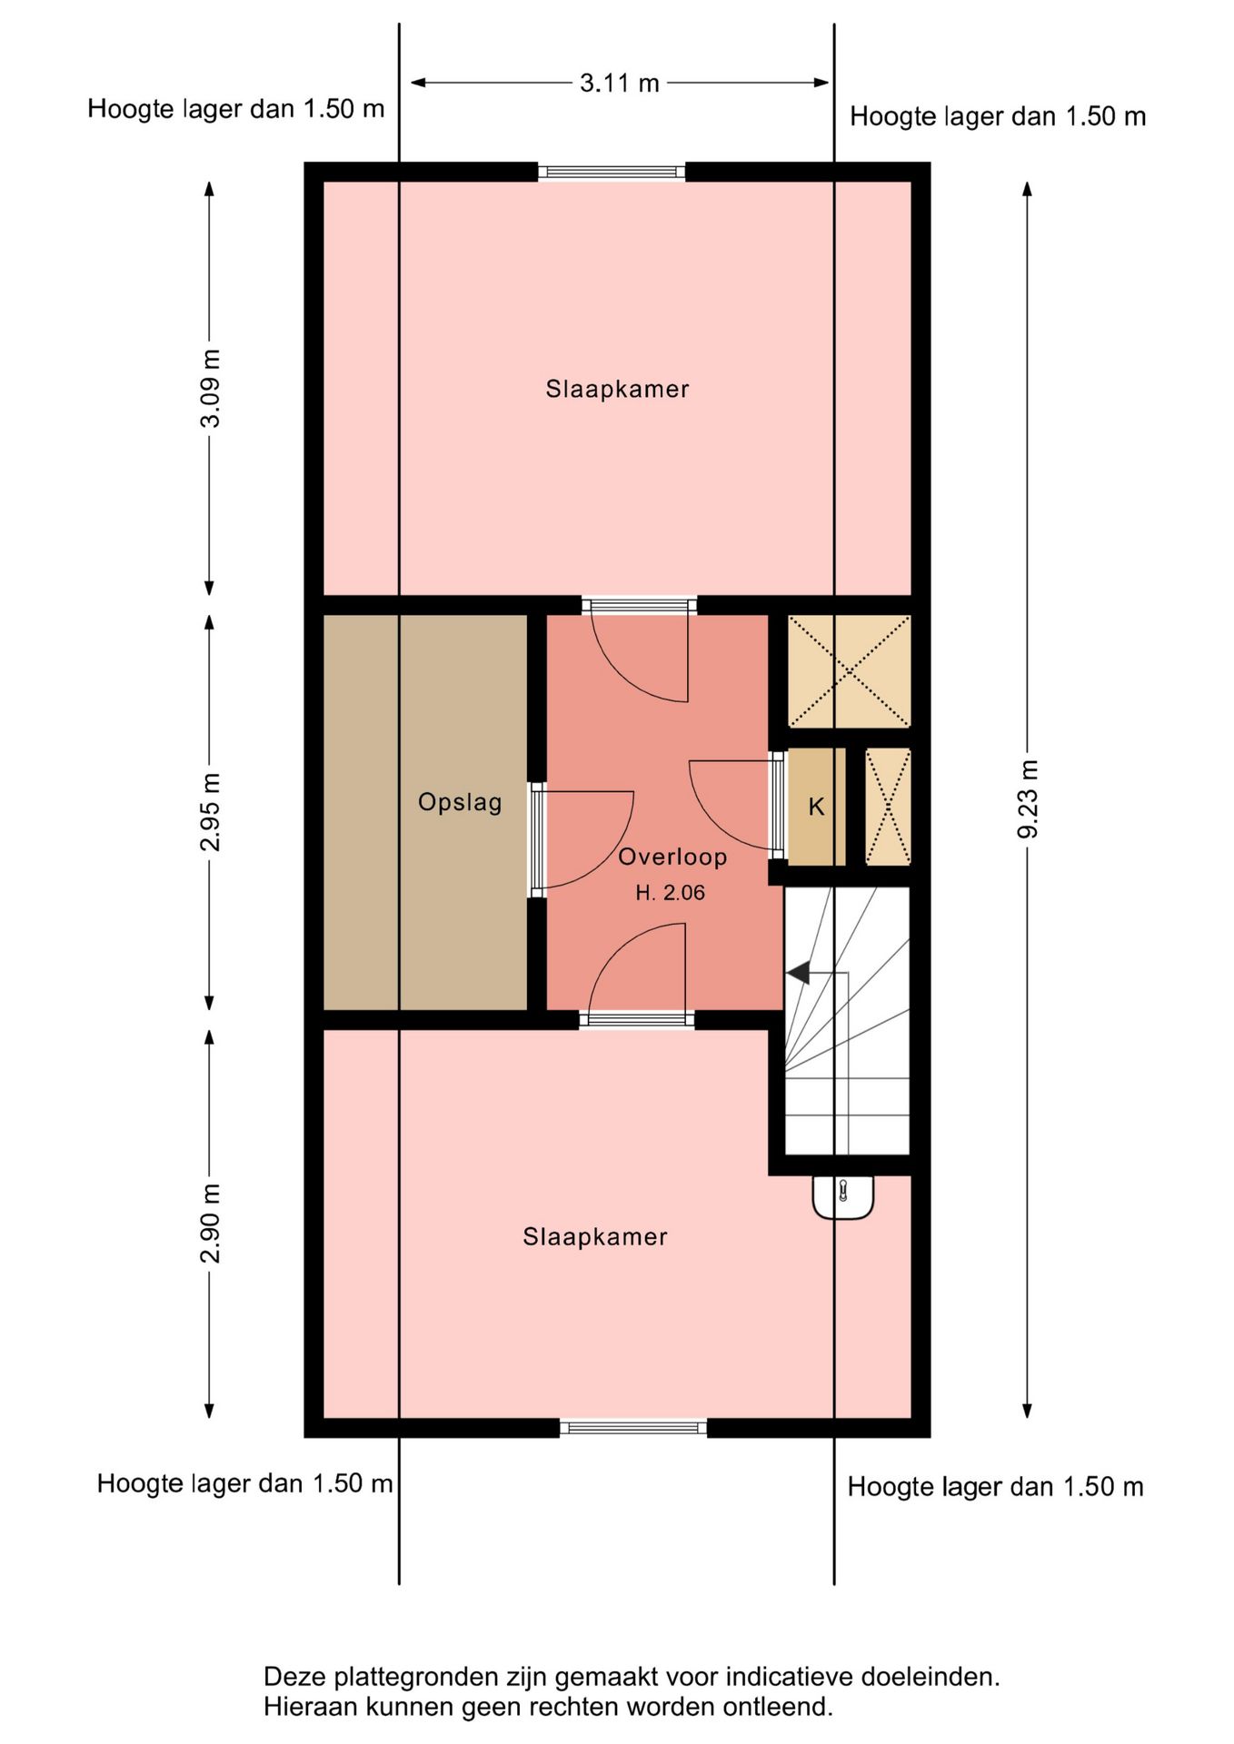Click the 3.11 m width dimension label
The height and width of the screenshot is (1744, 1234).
pyautogui.click(x=620, y=83)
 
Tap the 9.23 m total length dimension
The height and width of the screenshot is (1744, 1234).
pyautogui.click(x=1028, y=799)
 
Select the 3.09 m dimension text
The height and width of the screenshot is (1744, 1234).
pyautogui.click(x=210, y=388)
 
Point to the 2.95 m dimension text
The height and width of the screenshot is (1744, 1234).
pyautogui.click(x=210, y=812)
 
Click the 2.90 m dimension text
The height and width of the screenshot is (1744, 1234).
pyautogui.click(x=210, y=1224)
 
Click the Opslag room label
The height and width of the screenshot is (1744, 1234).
pyautogui.click(x=460, y=803)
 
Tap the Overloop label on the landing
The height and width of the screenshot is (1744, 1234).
pyautogui.click(x=672, y=857)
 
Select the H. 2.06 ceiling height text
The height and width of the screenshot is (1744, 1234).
pyautogui.click(x=671, y=893)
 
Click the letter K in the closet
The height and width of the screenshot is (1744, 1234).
pyautogui.click(x=816, y=807)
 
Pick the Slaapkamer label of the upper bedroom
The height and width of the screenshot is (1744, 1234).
pyautogui.click(x=617, y=390)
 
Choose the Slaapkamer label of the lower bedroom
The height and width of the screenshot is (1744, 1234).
pyautogui.click(x=595, y=1237)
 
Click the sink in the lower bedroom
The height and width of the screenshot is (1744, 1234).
pyautogui.click(x=843, y=1197)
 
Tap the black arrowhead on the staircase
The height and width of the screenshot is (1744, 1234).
pyautogui.click(x=798, y=974)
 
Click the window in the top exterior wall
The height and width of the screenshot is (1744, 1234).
pyautogui.click(x=612, y=172)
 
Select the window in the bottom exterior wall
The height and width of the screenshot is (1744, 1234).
pyautogui.click(x=633, y=1428)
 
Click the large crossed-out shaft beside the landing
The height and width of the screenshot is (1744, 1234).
pyautogui.click(x=849, y=671)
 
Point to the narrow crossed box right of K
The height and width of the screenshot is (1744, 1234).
pyautogui.click(x=888, y=807)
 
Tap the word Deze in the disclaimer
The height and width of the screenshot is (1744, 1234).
pyautogui.click(x=294, y=1676)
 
